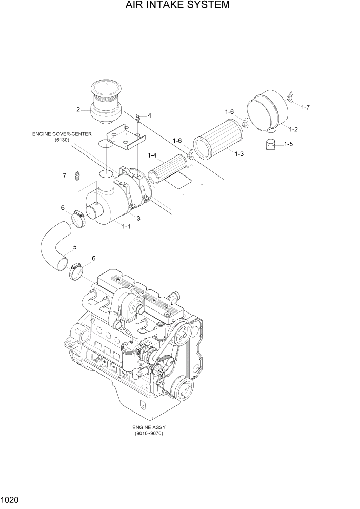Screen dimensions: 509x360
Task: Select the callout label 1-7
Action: pyautogui.click(x=305, y=107)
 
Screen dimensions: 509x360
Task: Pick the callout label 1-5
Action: pyautogui.click(x=288, y=144)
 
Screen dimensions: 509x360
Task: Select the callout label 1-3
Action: pyautogui.click(x=238, y=154)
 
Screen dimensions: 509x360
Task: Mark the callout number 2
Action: pyautogui.click(x=78, y=109)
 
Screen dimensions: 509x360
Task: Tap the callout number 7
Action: pyautogui.click(x=65, y=175)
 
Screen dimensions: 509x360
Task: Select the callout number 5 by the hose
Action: pyautogui.click(x=75, y=247)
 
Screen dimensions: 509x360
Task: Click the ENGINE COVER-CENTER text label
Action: pyautogui.click(x=62, y=134)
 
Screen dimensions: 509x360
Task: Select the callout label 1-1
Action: pyautogui.click(x=126, y=226)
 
